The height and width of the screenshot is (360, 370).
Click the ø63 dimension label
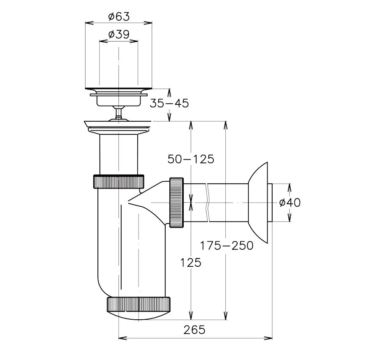tap(119, 17)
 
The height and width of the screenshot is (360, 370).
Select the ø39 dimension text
tap(119, 35)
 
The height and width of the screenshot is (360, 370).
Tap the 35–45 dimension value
tap(169, 103)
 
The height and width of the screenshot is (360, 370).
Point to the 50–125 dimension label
tap(191, 159)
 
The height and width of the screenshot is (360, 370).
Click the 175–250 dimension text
tap(227, 245)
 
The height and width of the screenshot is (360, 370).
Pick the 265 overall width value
tap(194, 330)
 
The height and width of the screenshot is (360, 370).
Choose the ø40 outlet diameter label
tap(290, 203)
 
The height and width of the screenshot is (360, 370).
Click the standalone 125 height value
tap(191, 262)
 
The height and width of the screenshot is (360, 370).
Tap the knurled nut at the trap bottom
tap(139, 305)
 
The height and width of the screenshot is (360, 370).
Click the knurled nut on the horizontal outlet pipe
tap(176, 203)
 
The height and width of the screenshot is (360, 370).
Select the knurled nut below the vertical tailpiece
tap(119, 181)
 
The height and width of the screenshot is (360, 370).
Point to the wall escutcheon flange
tap(258, 203)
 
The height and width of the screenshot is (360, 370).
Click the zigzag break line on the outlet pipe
tap(208, 203)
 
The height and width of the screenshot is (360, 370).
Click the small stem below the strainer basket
tap(118, 113)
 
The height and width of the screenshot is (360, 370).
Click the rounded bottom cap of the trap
tap(139, 316)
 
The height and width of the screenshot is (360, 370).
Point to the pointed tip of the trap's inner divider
tap(128, 201)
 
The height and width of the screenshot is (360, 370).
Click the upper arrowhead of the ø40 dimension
tap(290, 187)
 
